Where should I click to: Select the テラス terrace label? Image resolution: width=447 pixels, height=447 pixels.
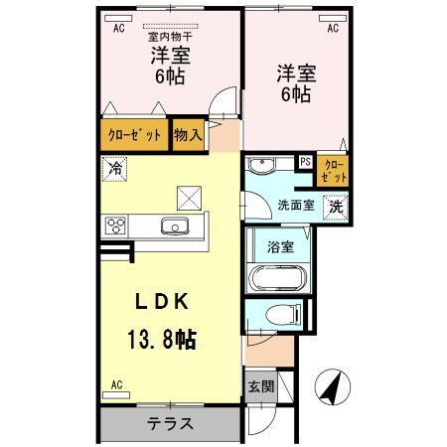170,422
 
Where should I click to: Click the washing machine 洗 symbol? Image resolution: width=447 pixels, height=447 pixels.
337,209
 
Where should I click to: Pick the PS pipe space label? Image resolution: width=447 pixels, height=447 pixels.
305,161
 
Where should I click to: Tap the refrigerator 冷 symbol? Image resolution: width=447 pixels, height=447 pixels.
115,169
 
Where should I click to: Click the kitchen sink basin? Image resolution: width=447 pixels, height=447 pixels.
176,224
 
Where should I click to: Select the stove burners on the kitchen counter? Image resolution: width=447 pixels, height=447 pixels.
116,225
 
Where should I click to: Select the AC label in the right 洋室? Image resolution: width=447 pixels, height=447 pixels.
333,29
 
